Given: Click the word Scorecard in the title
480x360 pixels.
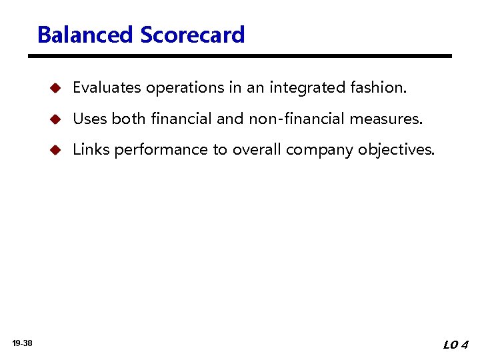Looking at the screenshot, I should (193, 35).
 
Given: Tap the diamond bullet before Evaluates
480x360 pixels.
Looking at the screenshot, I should (56, 88).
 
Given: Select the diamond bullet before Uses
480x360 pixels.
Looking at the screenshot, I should (56, 119).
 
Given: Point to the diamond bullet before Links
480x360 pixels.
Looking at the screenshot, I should (56, 150).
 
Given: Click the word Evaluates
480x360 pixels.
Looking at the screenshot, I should (107, 87).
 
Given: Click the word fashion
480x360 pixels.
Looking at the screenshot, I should (378, 87).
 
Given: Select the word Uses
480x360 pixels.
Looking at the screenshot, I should (90, 119).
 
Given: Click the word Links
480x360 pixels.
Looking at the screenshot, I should (91, 149).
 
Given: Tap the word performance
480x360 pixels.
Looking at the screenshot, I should (161, 150).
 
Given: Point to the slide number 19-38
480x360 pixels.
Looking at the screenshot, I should (23, 343).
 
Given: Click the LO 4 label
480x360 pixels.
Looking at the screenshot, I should (456, 345).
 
